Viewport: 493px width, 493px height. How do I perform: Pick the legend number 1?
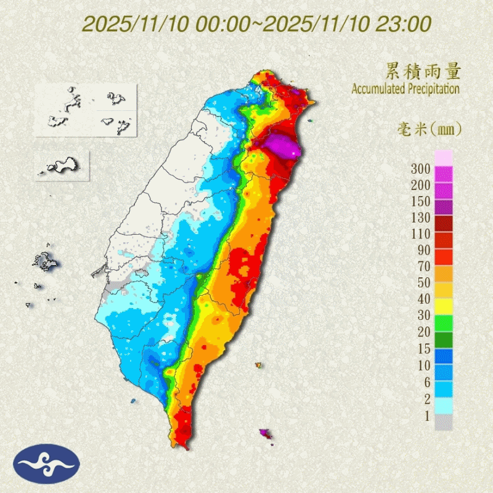pos(426,416)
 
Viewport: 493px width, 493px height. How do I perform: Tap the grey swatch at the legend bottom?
pos(444,422)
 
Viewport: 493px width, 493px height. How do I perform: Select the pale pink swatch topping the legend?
pos(444,157)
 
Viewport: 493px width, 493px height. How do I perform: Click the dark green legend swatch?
pos(444,340)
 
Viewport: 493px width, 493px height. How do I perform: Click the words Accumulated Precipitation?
pos(405,89)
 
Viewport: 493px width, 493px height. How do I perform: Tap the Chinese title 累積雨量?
pos(423,71)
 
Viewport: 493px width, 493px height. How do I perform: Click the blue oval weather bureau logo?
pos(46,463)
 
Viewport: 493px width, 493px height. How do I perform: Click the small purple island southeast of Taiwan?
pos(266,434)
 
